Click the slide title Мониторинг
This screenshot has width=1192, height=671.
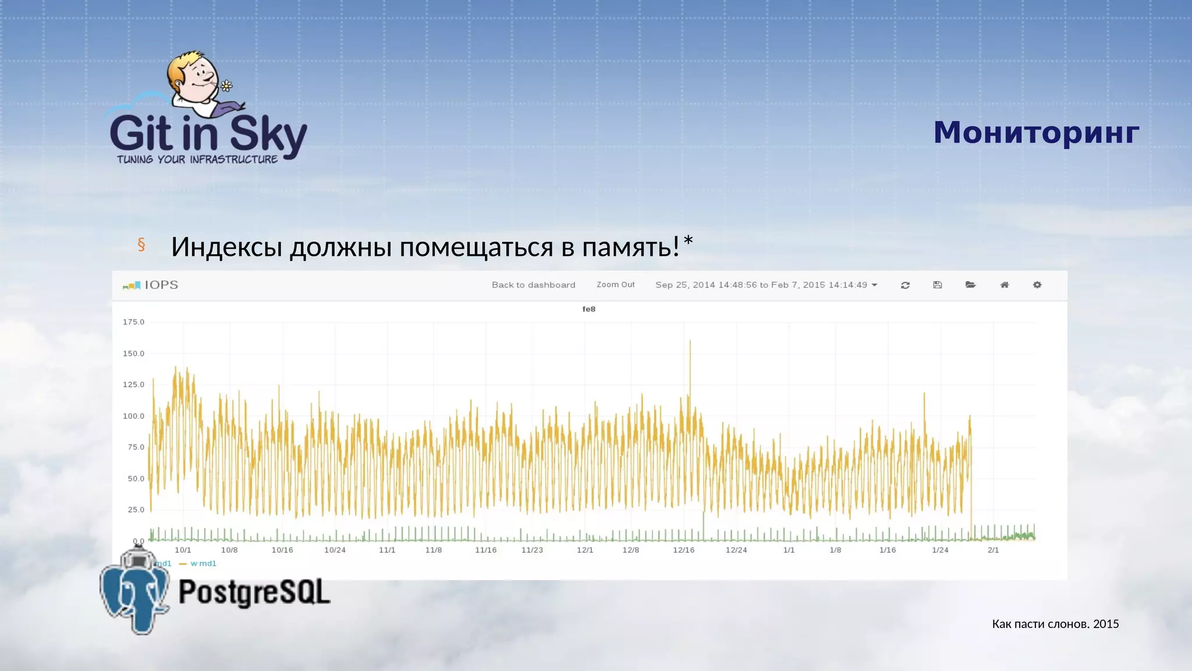point(1036,133)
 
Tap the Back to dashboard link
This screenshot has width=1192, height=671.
point(533,285)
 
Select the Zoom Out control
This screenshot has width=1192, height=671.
point(615,285)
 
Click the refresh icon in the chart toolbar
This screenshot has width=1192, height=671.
point(905,285)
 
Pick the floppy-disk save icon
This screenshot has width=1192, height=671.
point(937,285)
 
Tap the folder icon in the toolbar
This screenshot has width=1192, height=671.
point(970,285)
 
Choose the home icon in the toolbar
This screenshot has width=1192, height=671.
point(1004,285)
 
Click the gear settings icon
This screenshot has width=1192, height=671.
point(1037,285)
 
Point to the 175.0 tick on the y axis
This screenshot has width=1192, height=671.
point(133,322)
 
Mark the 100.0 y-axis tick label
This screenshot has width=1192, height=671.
point(133,416)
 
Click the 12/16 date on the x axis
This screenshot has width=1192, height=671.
point(683,550)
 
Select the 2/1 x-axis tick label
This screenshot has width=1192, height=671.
point(993,550)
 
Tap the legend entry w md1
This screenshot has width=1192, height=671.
point(203,563)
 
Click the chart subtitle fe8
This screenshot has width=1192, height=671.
point(588,309)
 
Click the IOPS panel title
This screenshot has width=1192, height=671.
point(161,285)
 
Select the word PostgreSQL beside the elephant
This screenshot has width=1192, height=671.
point(254,592)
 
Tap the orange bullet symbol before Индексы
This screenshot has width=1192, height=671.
point(141,245)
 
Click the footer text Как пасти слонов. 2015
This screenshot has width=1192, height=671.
point(1055,624)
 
